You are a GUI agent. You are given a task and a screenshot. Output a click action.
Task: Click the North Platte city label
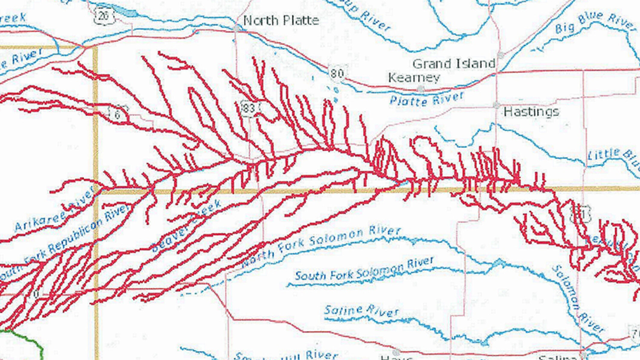281,21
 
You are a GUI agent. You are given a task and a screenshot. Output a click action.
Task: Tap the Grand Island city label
454,64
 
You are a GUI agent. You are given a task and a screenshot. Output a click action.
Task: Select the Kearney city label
414,78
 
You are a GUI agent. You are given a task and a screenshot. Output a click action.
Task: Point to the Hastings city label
531,112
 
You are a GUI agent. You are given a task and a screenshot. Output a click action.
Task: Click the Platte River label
426,99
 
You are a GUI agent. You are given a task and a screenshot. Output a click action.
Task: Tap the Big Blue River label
595,22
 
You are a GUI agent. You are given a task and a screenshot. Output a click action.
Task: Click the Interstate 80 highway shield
337,73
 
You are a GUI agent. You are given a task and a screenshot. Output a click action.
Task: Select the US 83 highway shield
249,108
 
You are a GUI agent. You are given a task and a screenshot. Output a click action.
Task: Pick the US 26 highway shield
103,16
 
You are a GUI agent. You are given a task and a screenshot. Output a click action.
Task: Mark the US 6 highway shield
118,114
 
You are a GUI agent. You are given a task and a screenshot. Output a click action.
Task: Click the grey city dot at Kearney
421,88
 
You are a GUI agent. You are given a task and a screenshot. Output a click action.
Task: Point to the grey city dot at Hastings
496,105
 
